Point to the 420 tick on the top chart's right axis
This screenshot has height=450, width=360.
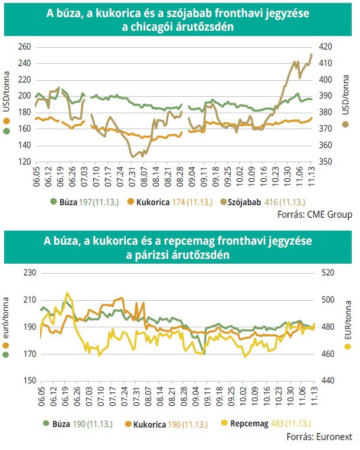point(328,47)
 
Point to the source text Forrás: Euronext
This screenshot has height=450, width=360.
point(318,437)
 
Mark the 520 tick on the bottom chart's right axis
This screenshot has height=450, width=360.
point(328,272)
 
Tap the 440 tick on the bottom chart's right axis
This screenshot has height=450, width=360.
point(328,381)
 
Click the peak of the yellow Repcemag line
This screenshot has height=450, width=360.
point(67,293)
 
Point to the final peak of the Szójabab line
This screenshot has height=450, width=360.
point(312,54)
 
